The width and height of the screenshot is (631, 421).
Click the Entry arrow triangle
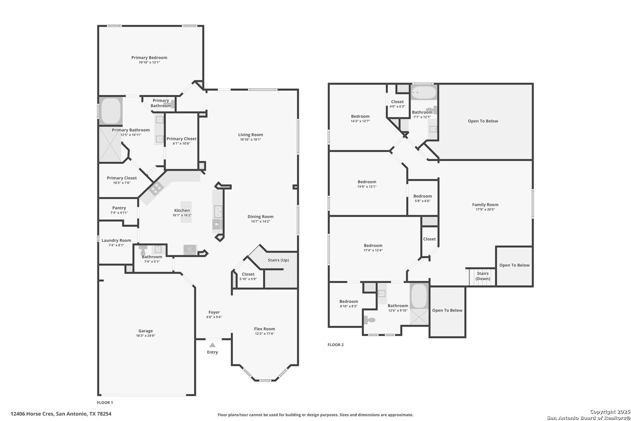pyautogui.click(x=212, y=345)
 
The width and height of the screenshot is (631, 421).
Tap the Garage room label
pyautogui.click(x=146, y=331)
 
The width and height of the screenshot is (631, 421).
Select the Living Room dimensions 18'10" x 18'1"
pyautogui.click(x=250, y=139)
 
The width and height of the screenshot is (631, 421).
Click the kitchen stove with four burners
pyautogui.click(x=156, y=188)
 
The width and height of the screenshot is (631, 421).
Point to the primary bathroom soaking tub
pyautogui.click(x=111, y=111)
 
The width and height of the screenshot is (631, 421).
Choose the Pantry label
pyautogui.click(x=119, y=208)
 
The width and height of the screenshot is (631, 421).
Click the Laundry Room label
pyautogui.click(x=116, y=240)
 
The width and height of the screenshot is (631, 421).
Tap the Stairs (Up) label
pyautogui.click(x=278, y=260)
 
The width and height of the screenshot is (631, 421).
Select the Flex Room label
pyautogui.click(x=264, y=329)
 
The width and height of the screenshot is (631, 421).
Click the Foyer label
pyautogui.click(x=214, y=312)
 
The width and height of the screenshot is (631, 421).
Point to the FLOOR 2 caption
pyautogui.click(x=335, y=345)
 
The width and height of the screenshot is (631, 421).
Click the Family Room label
pyautogui.click(x=485, y=205)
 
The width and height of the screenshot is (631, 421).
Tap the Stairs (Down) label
pyautogui.click(x=483, y=276)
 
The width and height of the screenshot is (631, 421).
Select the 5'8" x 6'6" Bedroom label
pyautogui.click(x=423, y=196)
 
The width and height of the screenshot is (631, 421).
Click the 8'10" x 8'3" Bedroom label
pyautogui.click(x=349, y=301)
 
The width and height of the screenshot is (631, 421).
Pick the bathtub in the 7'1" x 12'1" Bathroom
pyautogui.click(x=423, y=92)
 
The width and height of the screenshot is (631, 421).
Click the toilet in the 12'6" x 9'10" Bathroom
pyautogui.click(x=370, y=320)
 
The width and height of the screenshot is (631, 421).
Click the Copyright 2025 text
pyautogui.click(x=610, y=412)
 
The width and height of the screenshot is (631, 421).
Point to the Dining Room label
pyautogui.click(x=261, y=217)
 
